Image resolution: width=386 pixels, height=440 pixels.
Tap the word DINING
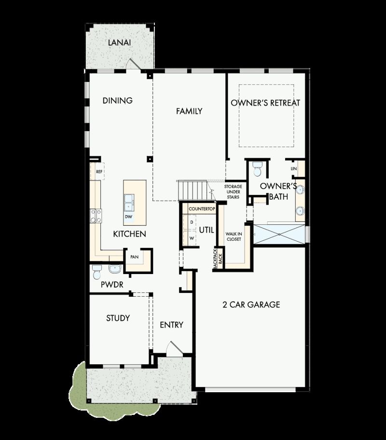118,101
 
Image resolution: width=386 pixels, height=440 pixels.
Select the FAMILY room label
189,111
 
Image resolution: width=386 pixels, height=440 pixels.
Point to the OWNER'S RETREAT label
265,103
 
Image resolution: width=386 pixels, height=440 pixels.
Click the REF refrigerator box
99,171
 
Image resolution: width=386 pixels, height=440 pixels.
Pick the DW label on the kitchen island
128,217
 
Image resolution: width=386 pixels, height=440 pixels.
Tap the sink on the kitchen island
129,202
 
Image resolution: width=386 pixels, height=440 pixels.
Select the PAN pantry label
134,257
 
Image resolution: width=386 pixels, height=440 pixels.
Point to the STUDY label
118,318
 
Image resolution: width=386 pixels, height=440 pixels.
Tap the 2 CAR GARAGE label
251,305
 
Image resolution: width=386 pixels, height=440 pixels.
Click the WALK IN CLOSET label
234,236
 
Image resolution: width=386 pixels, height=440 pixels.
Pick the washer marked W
191,238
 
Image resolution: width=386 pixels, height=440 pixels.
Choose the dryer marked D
191,222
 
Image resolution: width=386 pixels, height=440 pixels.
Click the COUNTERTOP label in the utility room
201,209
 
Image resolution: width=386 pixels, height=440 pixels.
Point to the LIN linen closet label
293,169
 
